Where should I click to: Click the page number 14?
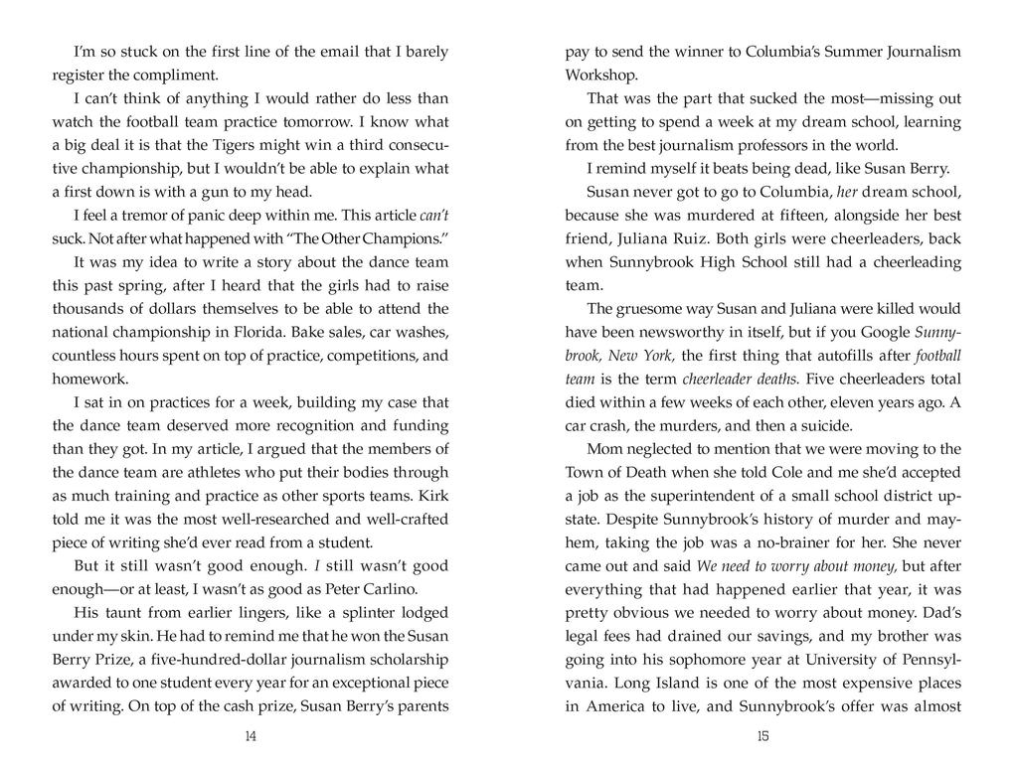[250, 736]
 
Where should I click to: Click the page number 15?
[762, 736]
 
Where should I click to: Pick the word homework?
[90, 379]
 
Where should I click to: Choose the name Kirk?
[434, 496]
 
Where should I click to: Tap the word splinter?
[343, 612]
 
